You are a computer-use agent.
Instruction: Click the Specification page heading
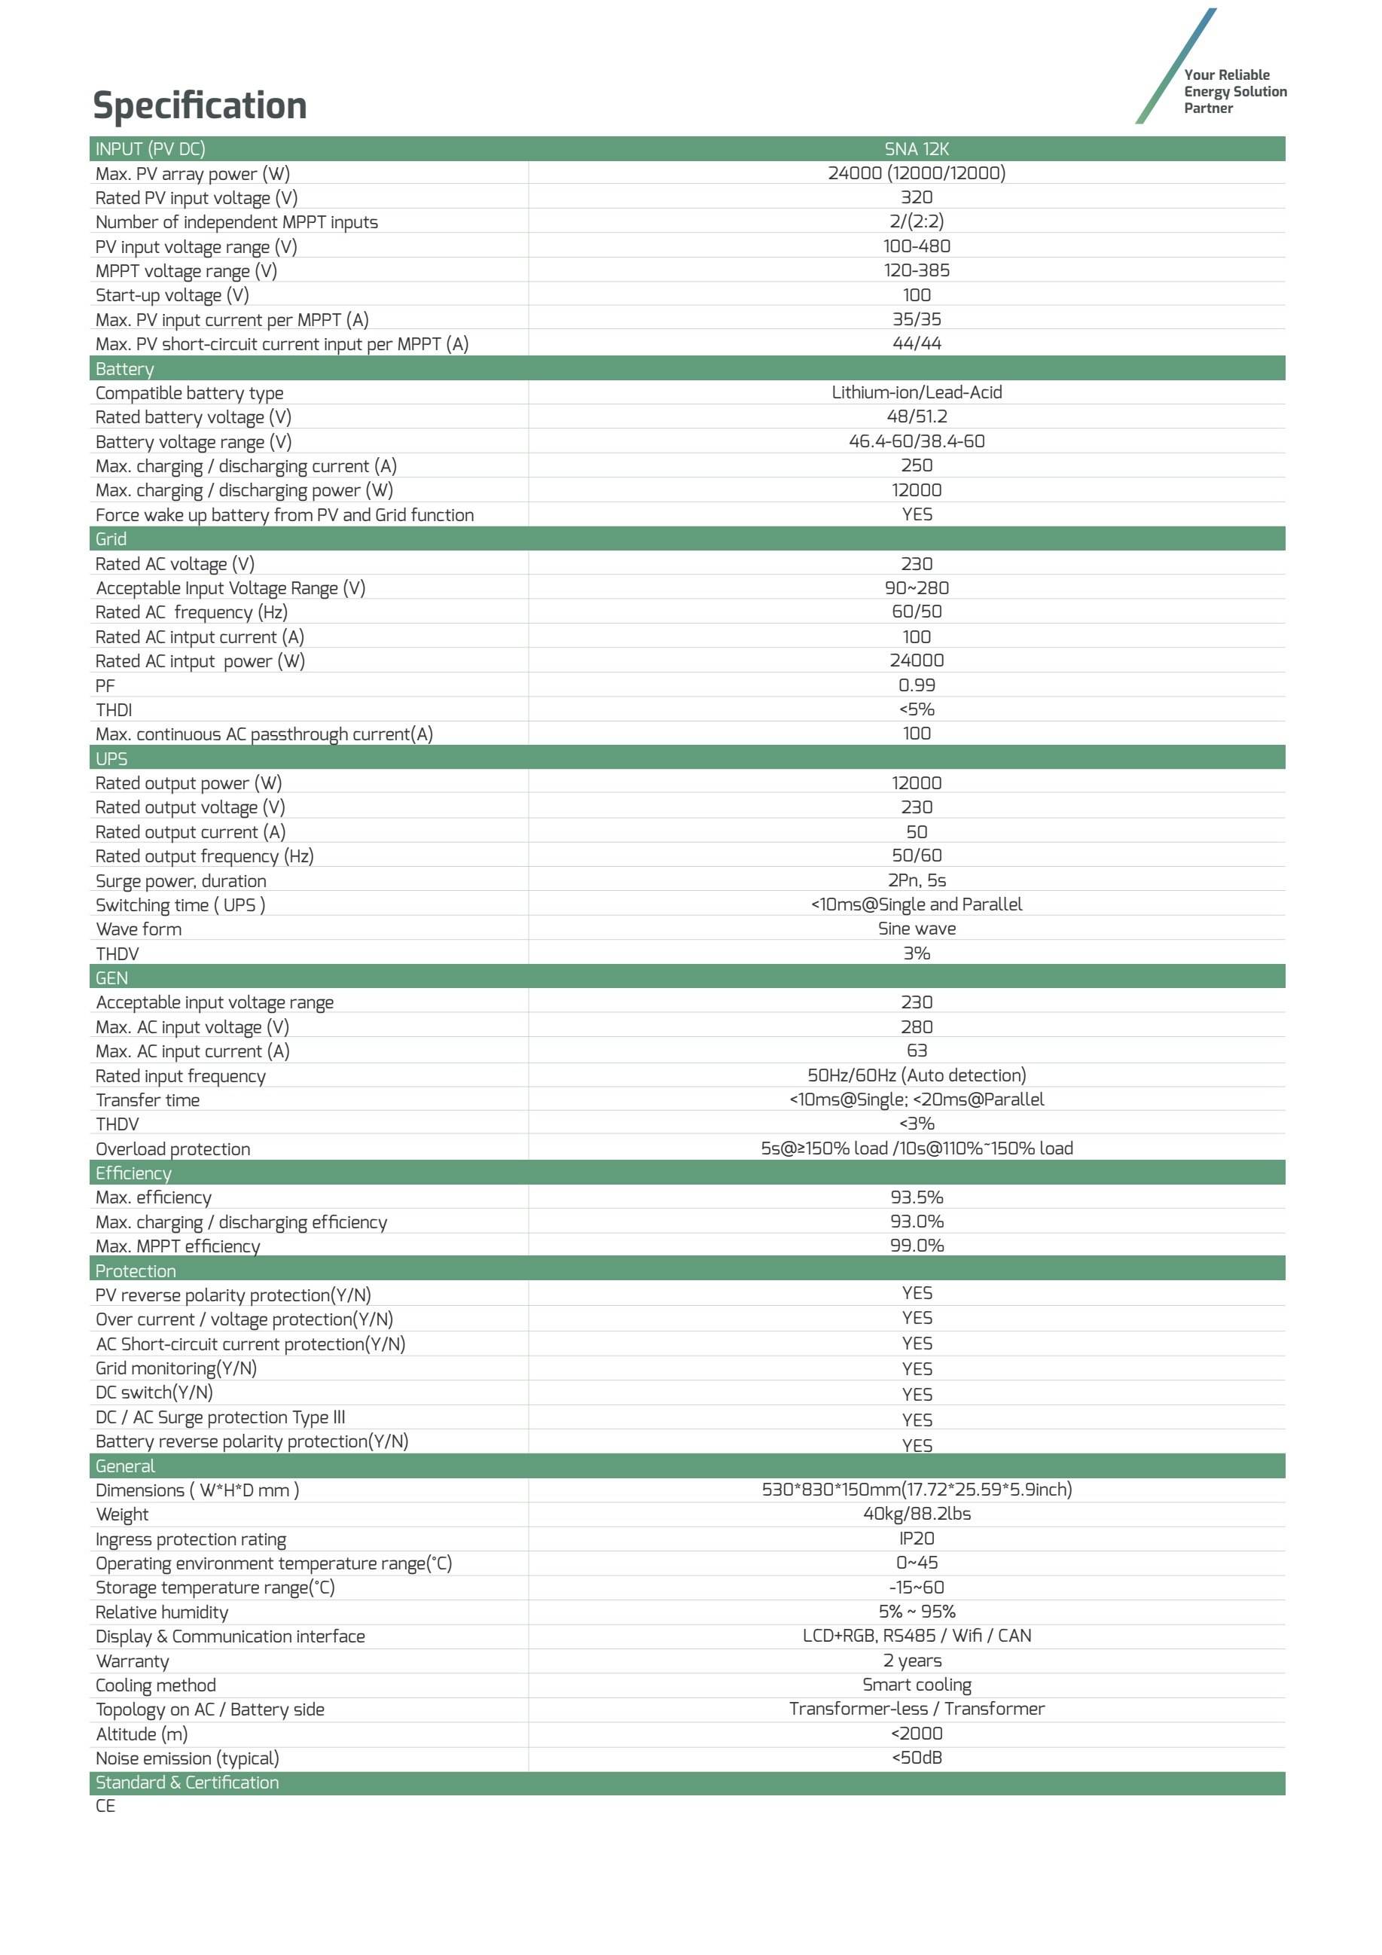(x=200, y=105)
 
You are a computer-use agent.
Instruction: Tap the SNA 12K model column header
(x=917, y=149)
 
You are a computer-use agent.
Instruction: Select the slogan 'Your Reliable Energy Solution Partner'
(x=1234, y=91)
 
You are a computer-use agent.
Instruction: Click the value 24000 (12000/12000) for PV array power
(x=917, y=173)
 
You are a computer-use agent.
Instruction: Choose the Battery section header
(x=124, y=369)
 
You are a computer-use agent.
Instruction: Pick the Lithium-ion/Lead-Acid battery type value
(x=917, y=392)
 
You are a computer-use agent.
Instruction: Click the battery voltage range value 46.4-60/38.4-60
(x=917, y=441)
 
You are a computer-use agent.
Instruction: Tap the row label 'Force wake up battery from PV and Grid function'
(x=285, y=515)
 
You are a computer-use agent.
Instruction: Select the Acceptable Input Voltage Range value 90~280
(x=917, y=587)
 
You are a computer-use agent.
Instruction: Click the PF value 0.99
(x=917, y=685)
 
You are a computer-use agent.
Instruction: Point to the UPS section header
(x=111, y=758)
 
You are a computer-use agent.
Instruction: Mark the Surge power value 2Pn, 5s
(x=917, y=880)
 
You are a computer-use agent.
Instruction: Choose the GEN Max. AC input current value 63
(x=917, y=1051)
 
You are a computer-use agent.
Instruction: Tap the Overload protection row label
(x=173, y=1148)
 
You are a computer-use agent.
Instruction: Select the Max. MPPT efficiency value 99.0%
(x=917, y=1246)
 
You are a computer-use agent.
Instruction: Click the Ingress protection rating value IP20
(x=917, y=1539)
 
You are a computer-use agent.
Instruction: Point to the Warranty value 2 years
(x=917, y=1661)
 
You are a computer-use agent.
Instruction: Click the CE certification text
(x=105, y=1806)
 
